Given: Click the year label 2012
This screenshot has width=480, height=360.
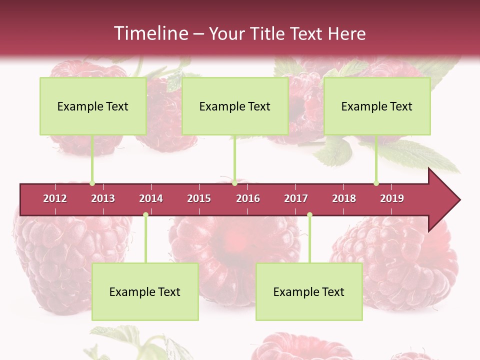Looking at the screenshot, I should tap(55, 198).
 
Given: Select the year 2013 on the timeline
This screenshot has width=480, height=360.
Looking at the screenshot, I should tap(103, 198).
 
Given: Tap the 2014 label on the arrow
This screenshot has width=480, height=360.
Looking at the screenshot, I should tap(151, 198).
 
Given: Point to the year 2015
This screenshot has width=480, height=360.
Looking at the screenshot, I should tap(199, 198).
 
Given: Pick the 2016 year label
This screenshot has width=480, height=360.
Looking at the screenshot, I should tap(248, 198).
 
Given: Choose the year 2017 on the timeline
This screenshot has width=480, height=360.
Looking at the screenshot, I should tap(296, 198).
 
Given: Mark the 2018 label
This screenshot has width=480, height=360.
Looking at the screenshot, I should tap(344, 198).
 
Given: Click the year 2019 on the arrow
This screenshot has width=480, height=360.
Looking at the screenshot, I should tap(392, 198).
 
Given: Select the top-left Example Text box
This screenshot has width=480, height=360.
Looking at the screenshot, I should tap(93, 106).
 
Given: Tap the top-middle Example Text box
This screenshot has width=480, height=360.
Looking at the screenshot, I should tap(235, 106).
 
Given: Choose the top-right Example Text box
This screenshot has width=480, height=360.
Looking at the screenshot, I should tap(377, 106).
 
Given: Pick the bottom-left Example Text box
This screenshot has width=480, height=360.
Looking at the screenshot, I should tap(145, 292).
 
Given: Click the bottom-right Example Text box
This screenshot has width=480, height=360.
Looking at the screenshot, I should tap(309, 292).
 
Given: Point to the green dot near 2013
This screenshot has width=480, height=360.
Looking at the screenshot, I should tap(92, 183).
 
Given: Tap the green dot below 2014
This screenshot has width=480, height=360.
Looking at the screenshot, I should tap(145, 215).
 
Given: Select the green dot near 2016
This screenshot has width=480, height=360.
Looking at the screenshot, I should tap(234, 183).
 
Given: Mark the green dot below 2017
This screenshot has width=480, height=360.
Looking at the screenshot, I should tap(309, 215).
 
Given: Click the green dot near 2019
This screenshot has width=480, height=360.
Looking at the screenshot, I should tap(376, 183).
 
